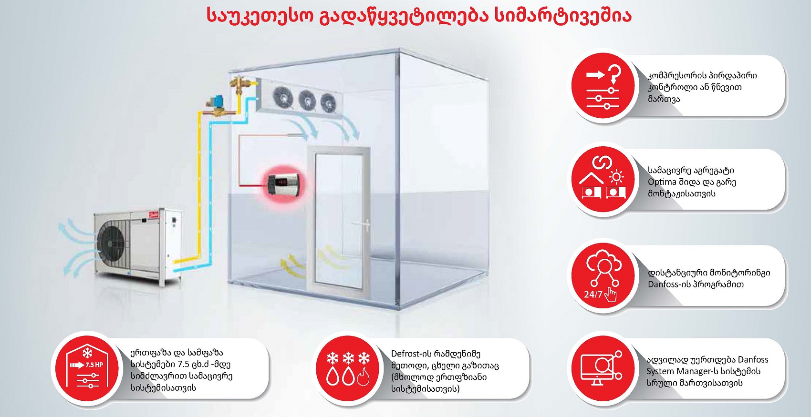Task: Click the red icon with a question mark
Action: point(603,86)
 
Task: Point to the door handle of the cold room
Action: point(365,224)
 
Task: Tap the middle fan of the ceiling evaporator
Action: point(307,100)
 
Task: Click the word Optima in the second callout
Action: point(662,182)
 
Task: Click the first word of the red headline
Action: point(260,16)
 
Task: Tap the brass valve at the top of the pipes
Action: point(237,86)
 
